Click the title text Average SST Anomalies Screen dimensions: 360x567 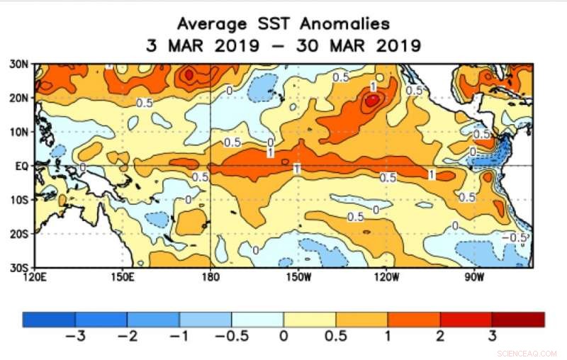283,23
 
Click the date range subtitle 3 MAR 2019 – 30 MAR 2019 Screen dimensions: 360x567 283,45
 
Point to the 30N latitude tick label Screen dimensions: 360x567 19,64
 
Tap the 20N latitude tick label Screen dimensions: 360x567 19,98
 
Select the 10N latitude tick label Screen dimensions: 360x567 19,132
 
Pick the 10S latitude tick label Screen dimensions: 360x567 19,200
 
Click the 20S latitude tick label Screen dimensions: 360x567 19,233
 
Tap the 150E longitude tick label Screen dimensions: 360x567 123,276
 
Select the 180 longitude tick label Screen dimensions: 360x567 210,276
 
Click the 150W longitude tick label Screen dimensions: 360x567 298,276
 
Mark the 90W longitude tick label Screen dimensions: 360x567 473,276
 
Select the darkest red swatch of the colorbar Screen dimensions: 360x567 518,319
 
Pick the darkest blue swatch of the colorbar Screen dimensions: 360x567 49,319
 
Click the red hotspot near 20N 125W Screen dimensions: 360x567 371,101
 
